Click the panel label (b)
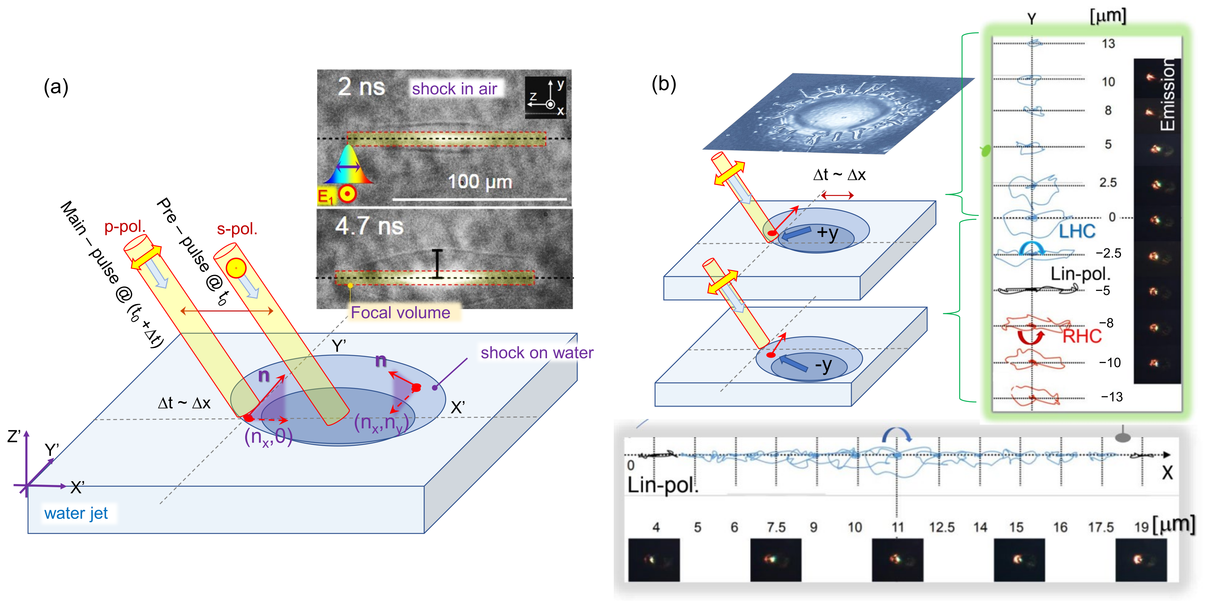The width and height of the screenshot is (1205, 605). (664, 84)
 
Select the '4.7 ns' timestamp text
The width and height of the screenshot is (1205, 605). (369, 226)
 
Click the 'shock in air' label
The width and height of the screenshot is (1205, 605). (454, 88)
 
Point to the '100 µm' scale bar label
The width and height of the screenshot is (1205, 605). (480, 182)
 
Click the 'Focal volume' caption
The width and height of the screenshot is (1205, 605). (401, 312)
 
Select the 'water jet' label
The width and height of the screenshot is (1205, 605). (76, 513)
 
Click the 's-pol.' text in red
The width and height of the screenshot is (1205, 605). (237, 229)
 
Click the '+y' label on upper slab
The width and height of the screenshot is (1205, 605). (827, 232)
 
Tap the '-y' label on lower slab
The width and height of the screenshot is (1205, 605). (823, 365)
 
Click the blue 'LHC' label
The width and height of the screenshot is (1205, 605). (1077, 231)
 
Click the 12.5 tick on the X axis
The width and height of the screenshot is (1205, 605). (942, 528)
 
